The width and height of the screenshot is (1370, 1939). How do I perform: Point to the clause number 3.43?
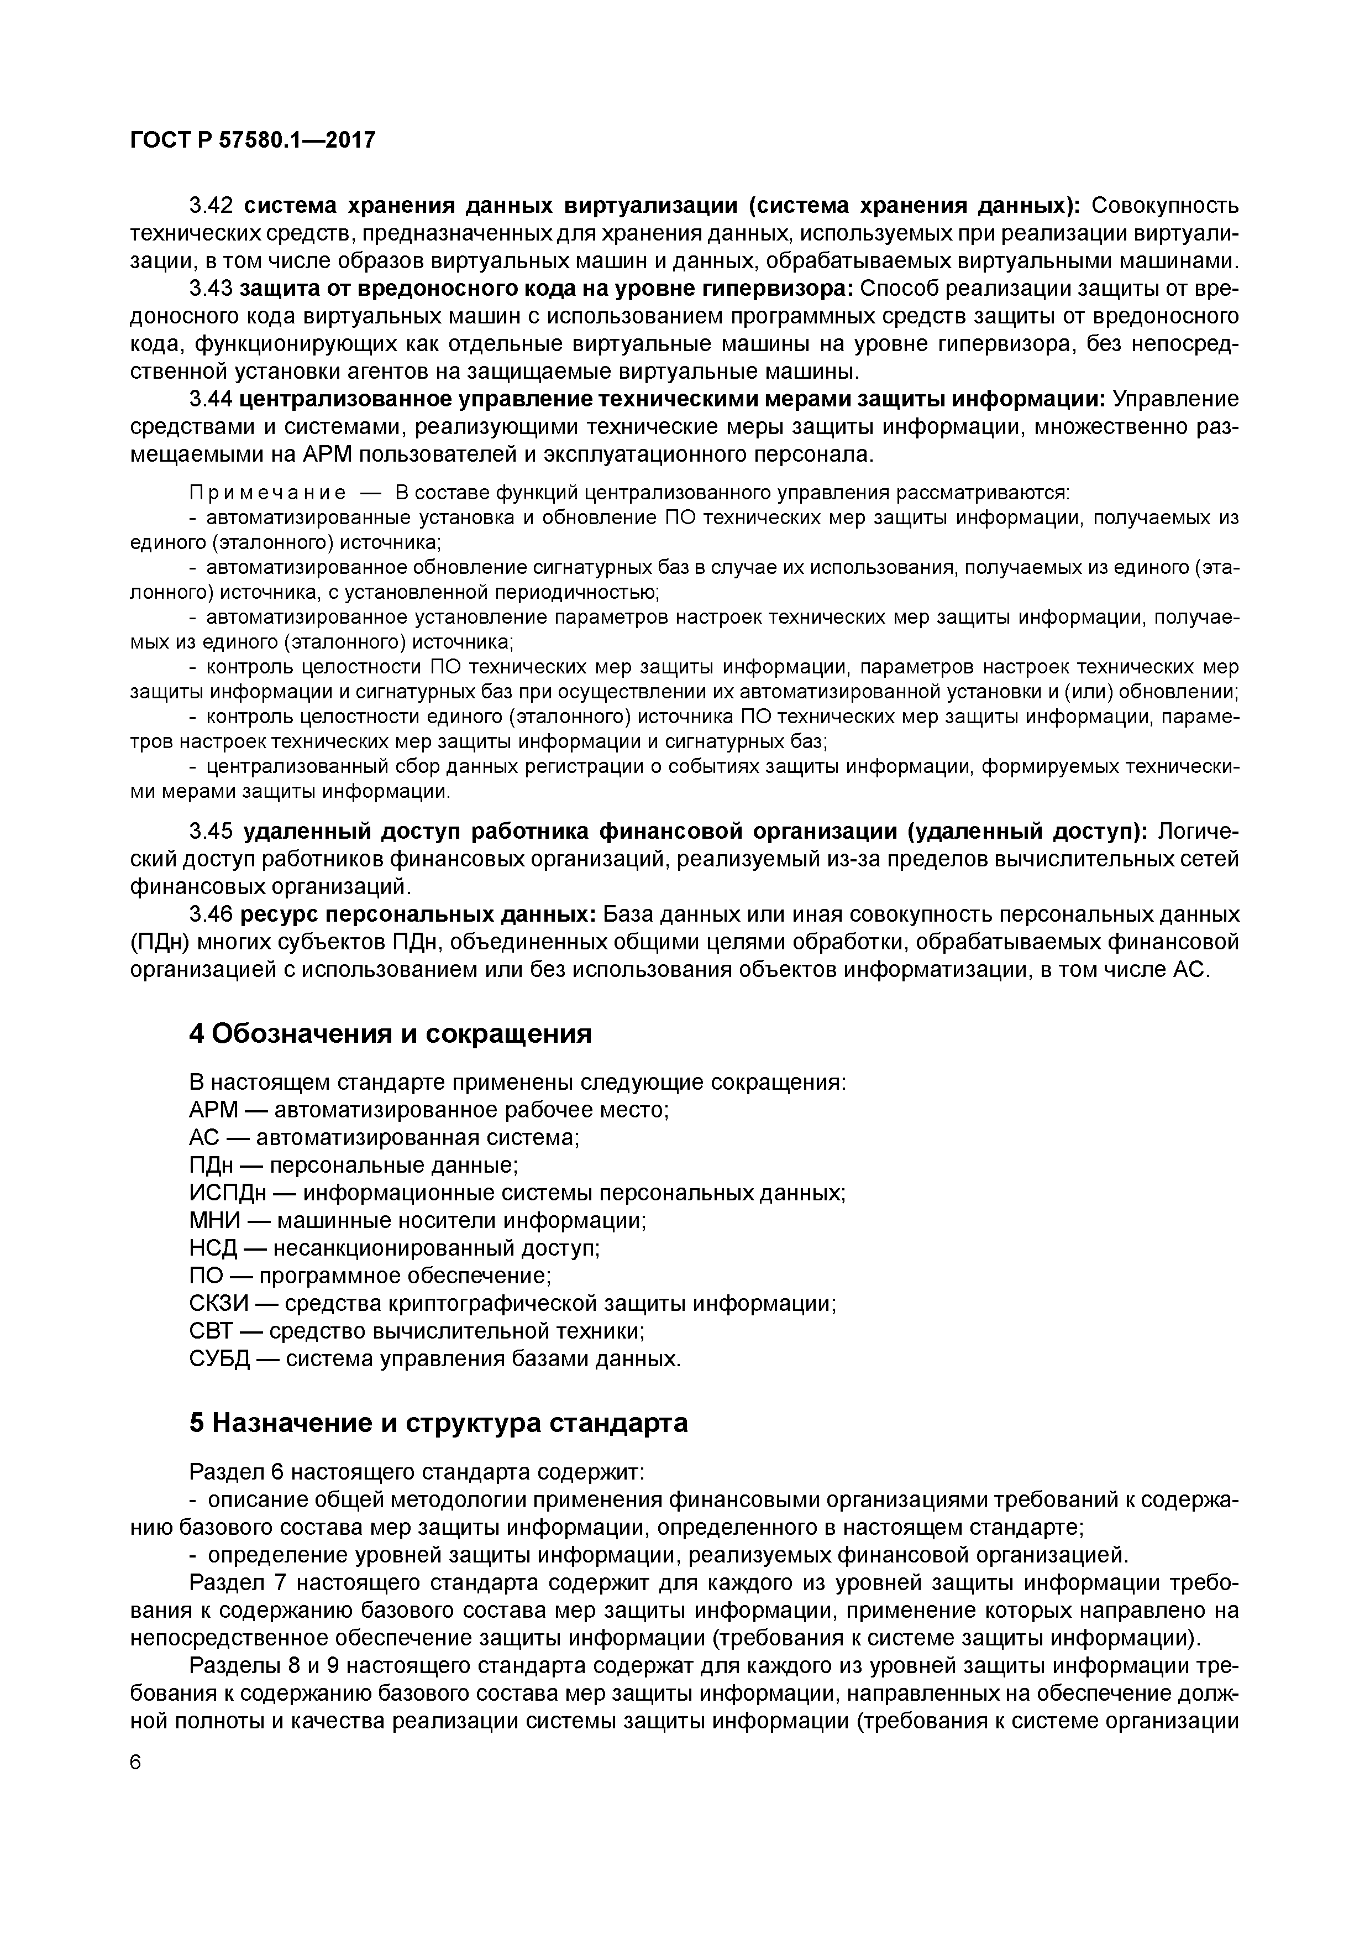pyautogui.click(x=211, y=289)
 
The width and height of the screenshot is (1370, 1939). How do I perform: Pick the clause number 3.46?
pyautogui.click(x=211, y=914)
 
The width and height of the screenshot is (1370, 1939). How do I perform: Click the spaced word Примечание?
pyautogui.click(x=267, y=492)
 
